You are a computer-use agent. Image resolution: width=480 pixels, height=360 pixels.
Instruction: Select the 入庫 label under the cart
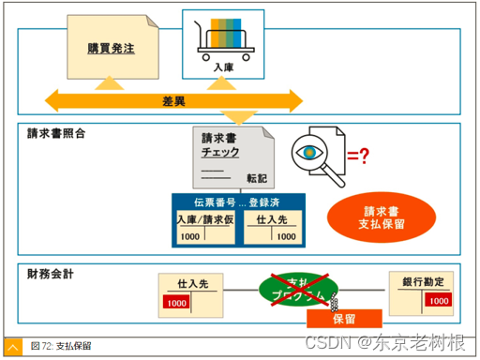tap(223, 68)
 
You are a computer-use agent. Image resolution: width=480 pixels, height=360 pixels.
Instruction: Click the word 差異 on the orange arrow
tap(172, 99)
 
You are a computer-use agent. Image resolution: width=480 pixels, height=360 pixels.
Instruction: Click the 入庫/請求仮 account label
tap(204, 219)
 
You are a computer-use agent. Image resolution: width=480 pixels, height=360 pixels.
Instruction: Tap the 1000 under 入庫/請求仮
tap(190, 236)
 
